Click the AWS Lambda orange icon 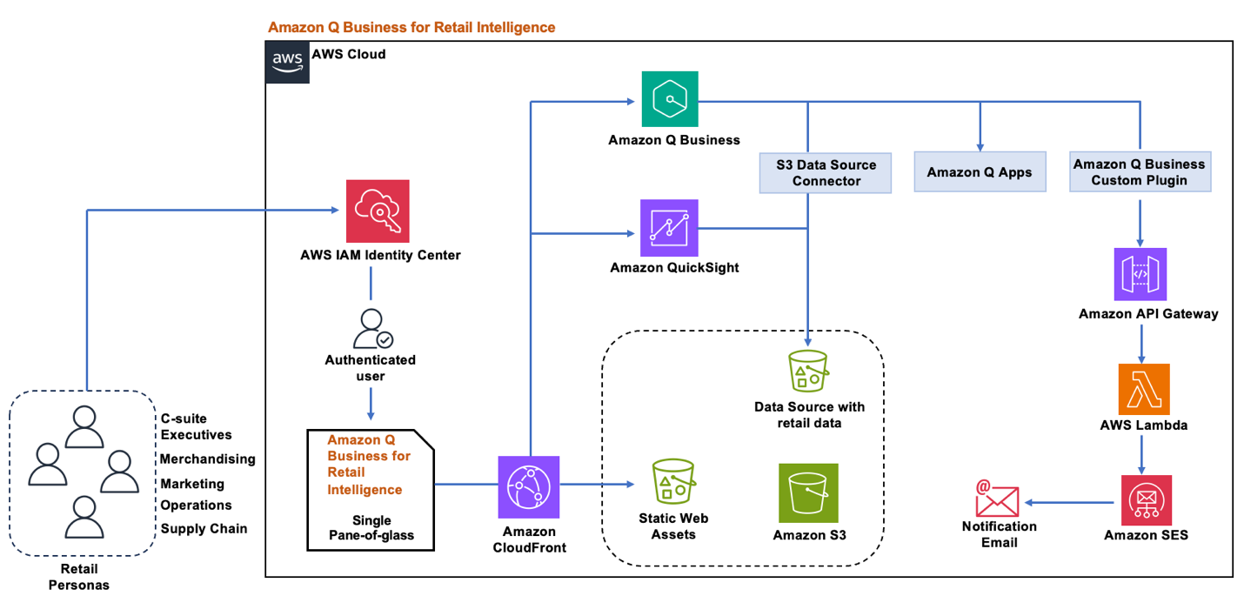tap(1144, 389)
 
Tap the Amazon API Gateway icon tap(1140, 273)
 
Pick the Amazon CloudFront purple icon tap(529, 486)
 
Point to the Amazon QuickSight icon tap(669, 228)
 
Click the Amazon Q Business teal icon tap(670, 100)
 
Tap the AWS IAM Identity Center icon tap(378, 211)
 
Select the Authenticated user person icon tap(371, 329)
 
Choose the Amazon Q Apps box tap(980, 172)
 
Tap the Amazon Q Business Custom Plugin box tap(1139, 172)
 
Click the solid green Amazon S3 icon tap(808, 492)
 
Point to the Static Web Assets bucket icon tap(673, 480)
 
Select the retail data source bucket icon tap(808, 371)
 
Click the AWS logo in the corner tap(288, 62)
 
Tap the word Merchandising tap(208, 459)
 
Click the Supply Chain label tap(204, 528)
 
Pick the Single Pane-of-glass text tap(371, 528)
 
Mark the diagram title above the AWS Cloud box tap(411, 27)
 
